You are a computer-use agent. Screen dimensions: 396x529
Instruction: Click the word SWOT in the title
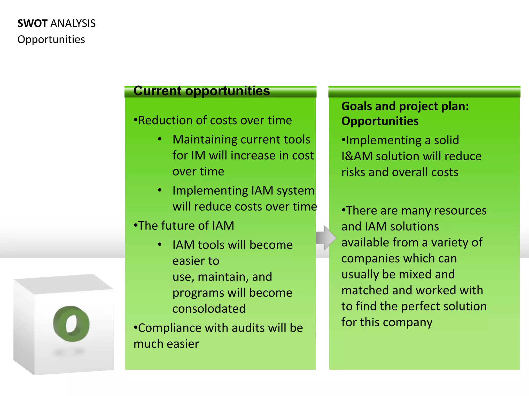(32, 23)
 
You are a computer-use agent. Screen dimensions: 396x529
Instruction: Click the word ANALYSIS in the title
(73, 23)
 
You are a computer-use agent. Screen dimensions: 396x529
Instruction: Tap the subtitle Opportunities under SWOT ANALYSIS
(51, 39)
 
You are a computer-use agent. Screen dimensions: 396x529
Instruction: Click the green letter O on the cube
(71, 324)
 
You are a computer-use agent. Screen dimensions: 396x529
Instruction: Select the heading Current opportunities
(201, 91)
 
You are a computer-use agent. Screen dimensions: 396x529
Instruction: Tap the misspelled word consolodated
(209, 309)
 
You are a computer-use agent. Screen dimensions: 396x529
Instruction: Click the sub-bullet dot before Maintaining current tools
(160, 139)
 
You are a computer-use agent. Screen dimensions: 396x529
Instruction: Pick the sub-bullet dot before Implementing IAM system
(160, 191)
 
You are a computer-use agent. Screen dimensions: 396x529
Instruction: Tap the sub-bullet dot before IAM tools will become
(160, 245)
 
